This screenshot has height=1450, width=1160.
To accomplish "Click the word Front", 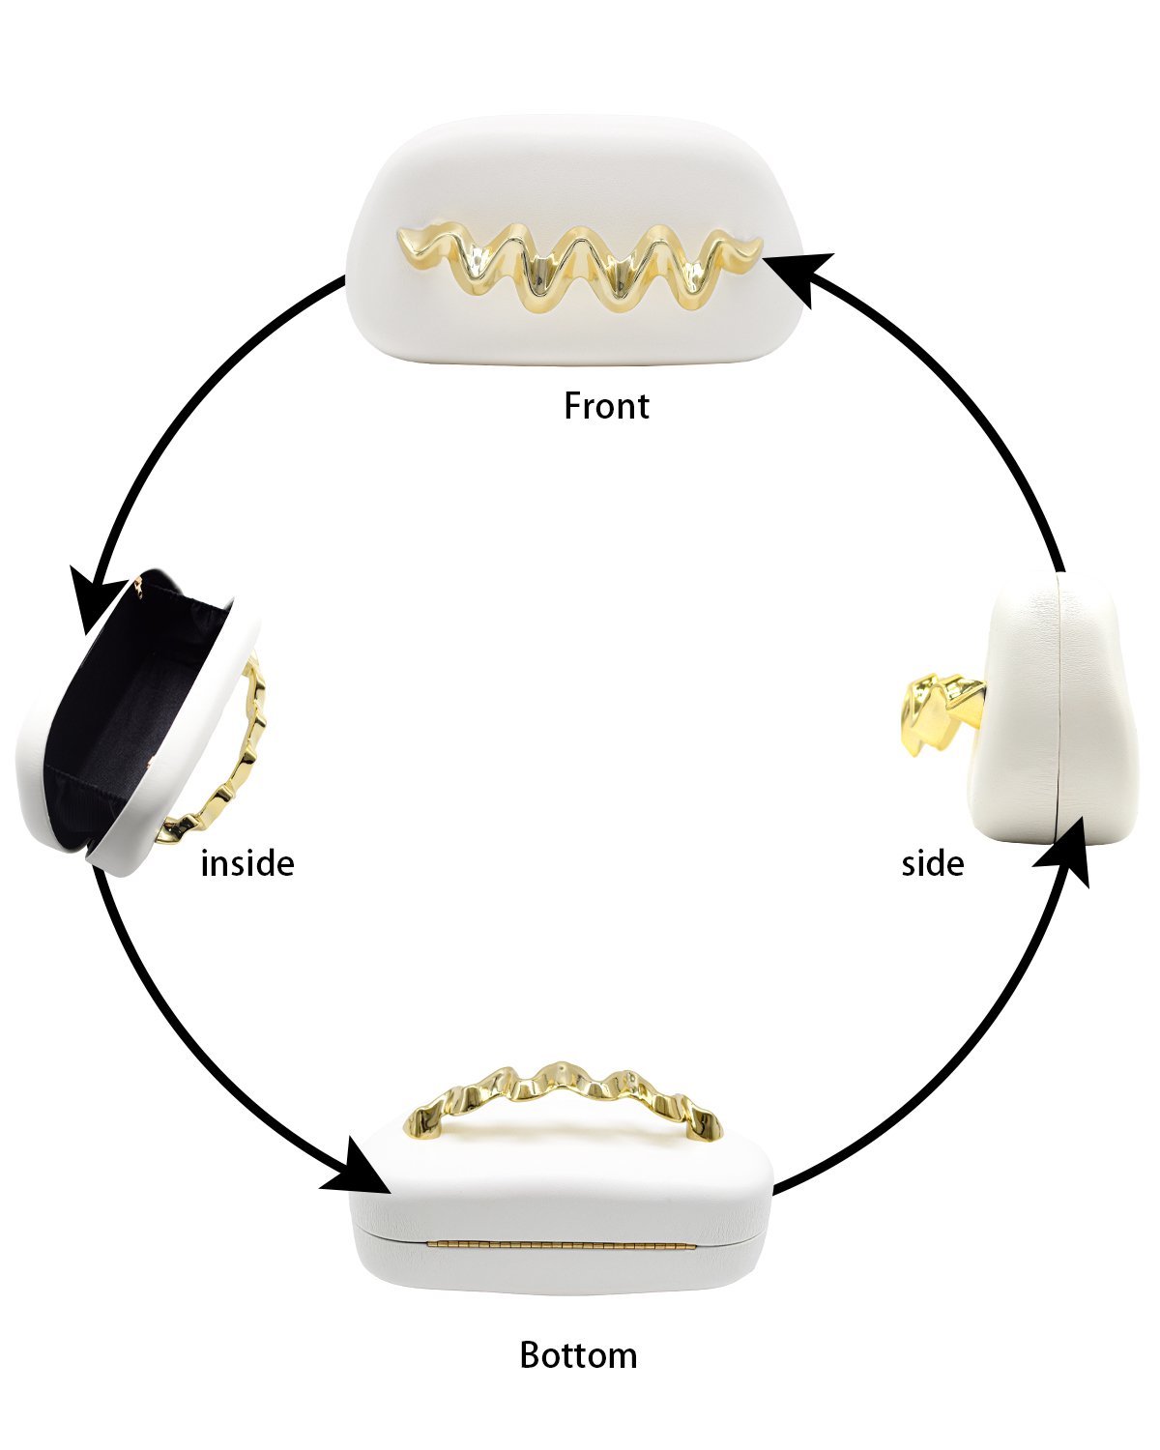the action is pyautogui.click(x=606, y=406).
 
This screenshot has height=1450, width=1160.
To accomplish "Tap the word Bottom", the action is pyautogui.click(x=578, y=1354).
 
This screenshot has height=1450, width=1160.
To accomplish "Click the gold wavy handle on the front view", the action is pyautogui.click(x=580, y=268).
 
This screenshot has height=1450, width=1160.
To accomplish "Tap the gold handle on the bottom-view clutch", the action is pyautogui.click(x=563, y=1098).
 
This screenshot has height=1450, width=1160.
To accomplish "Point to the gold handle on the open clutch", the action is pyautogui.click(x=222, y=748).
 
